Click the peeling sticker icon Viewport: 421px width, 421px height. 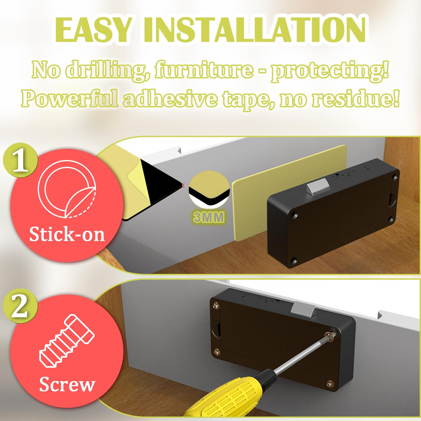point(67,192)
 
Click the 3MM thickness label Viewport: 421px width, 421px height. point(209,218)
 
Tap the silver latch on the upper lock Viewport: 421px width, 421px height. point(318,186)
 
